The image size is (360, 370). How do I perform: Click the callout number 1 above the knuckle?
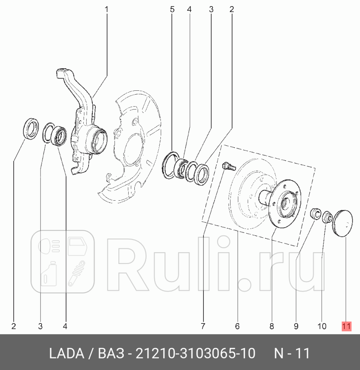click(107, 8)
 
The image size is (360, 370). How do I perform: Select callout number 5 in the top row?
click(172, 8)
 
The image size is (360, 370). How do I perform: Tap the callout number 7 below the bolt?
click(203, 326)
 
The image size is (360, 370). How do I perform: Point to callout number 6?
click(237, 326)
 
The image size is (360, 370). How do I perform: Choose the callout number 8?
click(271, 326)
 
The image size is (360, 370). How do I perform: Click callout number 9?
click(296, 326)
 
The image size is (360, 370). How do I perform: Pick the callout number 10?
click(322, 326)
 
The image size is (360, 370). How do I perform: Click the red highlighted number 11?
click(346, 326)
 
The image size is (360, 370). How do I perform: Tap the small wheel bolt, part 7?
click(228, 166)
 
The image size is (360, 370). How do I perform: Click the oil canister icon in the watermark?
click(48, 273)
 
